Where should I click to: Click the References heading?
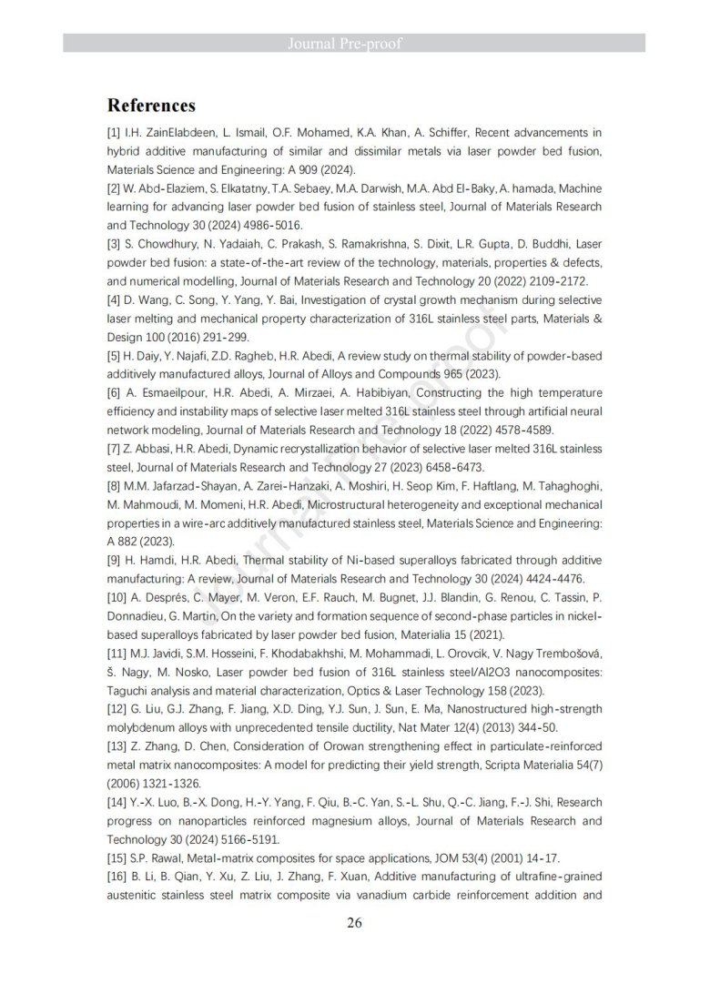pyautogui.click(x=151, y=105)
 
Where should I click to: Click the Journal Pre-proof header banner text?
pyautogui.click(x=355, y=43)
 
